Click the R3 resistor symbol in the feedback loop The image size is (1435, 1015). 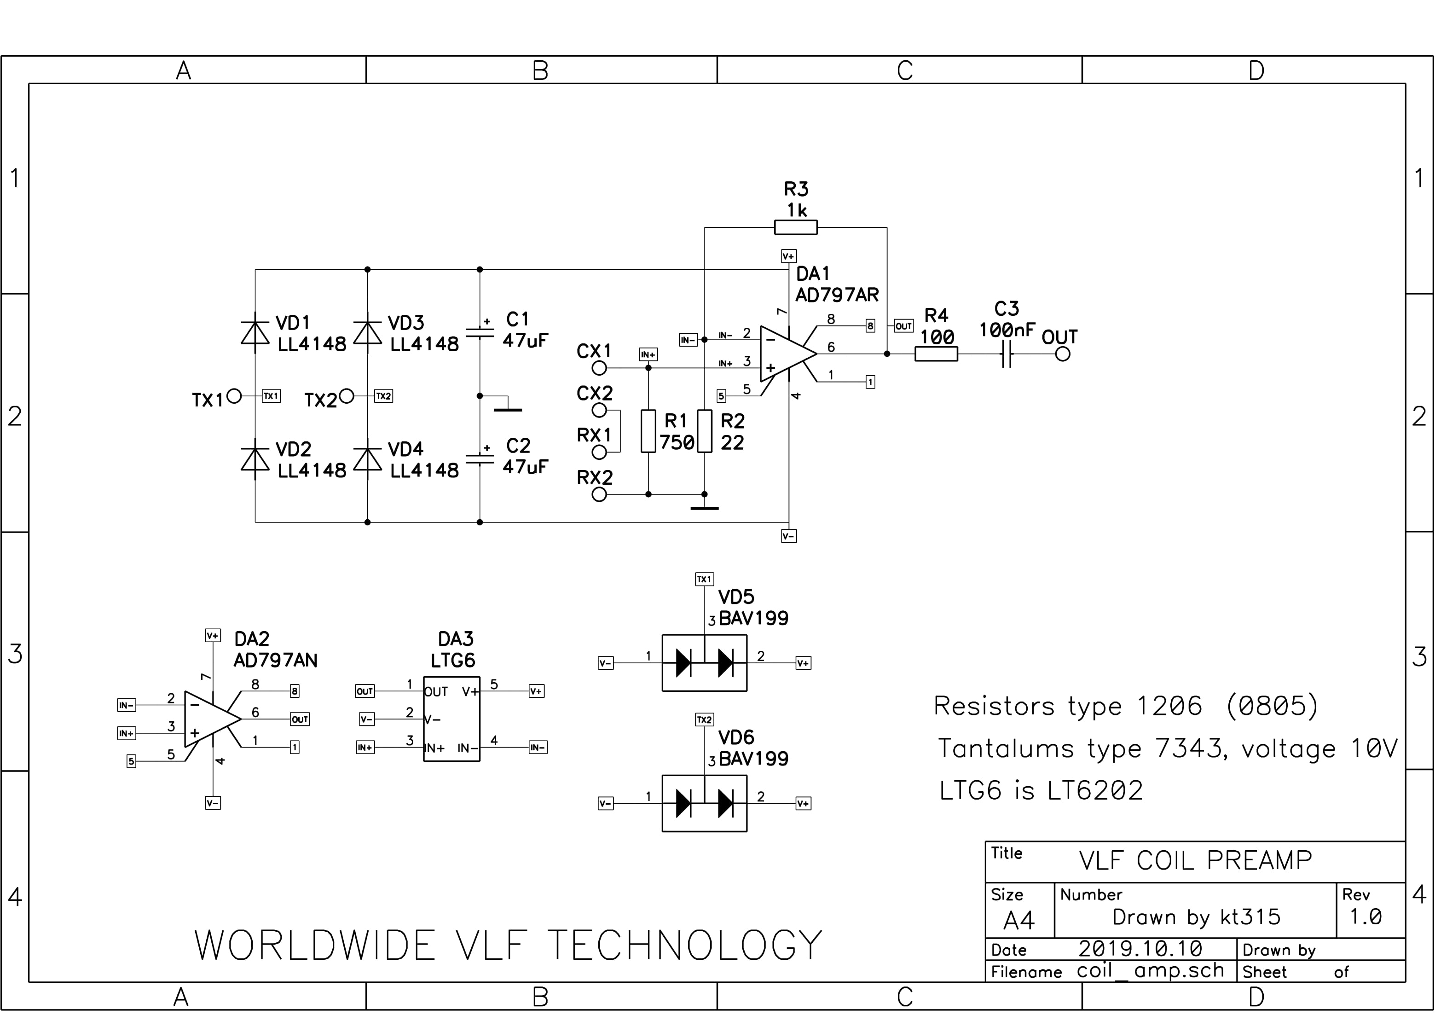(796, 227)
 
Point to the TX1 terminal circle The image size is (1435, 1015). (234, 395)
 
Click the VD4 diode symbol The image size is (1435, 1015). (368, 459)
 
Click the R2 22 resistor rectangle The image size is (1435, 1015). (704, 431)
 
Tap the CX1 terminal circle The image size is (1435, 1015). (599, 368)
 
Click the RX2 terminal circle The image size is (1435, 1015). (599, 494)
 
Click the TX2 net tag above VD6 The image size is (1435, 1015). (704, 719)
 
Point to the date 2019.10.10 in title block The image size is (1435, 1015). (1140, 949)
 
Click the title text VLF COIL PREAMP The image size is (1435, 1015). (1195, 861)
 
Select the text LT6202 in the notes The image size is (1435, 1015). (1095, 791)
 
